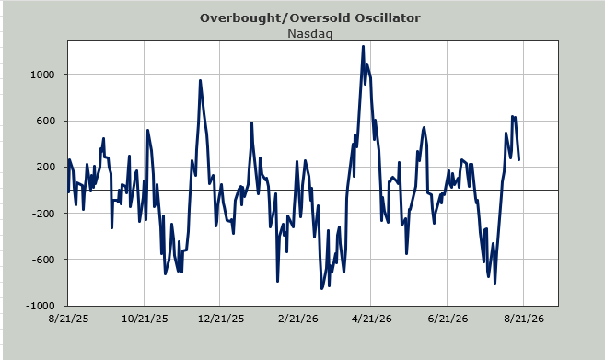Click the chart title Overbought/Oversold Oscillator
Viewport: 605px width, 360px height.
coord(310,18)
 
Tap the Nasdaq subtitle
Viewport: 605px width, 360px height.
coord(309,33)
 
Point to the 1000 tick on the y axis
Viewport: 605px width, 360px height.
coord(43,75)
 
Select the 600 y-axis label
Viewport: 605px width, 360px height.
coord(46,121)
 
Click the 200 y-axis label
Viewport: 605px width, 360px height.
coord(46,167)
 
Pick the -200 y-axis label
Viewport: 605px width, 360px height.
coord(44,214)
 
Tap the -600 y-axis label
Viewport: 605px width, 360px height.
coord(44,260)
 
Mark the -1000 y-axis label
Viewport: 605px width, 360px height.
coord(41,306)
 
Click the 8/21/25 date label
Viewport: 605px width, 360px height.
coord(68,319)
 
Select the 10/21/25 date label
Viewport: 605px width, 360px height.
coord(145,319)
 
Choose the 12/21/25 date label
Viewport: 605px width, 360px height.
coord(221,319)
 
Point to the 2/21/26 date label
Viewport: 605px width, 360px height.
coord(297,319)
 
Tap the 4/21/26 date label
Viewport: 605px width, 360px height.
coord(372,319)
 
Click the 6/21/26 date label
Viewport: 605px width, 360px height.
coord(448,319)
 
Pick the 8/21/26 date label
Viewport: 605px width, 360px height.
coord(524,319)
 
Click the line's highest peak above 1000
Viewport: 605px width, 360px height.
coord(363,47)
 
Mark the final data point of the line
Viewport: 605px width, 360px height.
coord(519,159)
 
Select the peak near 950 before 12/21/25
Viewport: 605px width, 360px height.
coord(200,81)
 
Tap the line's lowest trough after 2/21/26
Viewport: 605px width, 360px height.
coord(321,288)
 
